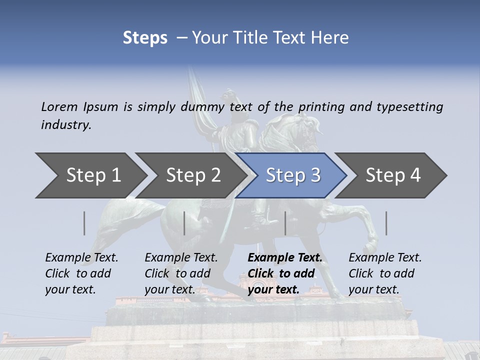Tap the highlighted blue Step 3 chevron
tap(292, 175)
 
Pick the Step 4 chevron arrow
tap(392, 175)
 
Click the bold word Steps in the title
tap(145, 38)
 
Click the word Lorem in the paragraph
tap(59, 106)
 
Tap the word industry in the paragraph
tap(66, 124)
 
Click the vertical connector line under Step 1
tap(84, 223)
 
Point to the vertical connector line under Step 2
tap(184, 223)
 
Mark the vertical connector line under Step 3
tap(285, 223)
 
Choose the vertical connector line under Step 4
tap(386, 223)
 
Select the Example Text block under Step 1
tap(81, 273)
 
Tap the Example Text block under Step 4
tap(385, 273)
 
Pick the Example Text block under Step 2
tap(181, 273)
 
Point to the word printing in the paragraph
tap(317, 106)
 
